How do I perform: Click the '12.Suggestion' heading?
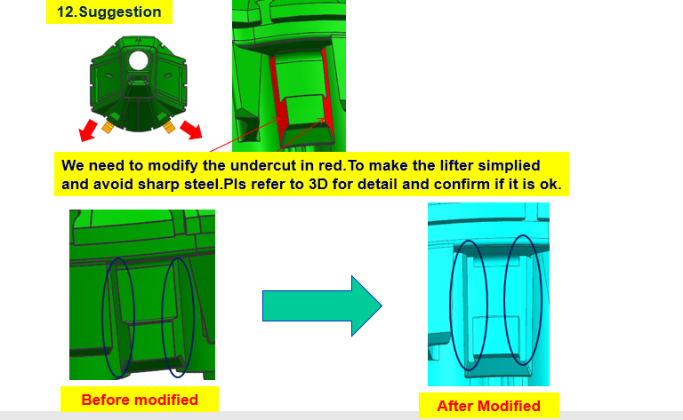pos(108,12)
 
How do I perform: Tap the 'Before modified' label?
pos(140,400)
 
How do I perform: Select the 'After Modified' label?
pos(488,406)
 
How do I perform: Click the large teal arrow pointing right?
pos(322,305)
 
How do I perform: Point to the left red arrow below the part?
pos(88,131)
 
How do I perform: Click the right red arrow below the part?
pos(191,130)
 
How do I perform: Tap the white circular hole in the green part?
pos(139,60)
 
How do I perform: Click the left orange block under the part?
pos(108,127)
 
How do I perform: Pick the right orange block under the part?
pos(169,127)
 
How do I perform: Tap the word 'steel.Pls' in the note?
pos(214,185)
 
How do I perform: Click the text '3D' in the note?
pos(318,185)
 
